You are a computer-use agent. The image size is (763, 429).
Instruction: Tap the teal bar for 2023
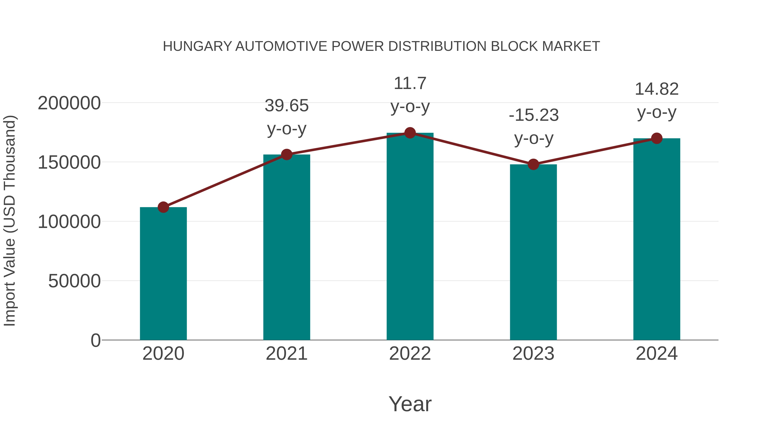click(x=533, y=252)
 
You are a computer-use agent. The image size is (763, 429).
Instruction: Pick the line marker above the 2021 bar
click(x=287, y=154)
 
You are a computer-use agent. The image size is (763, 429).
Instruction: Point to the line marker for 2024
click(x=657, y=138)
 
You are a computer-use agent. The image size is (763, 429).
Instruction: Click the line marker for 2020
click(x=163, y=207)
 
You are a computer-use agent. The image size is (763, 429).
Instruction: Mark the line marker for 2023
click(x=533, y=164)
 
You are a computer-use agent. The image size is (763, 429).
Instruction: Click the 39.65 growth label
click(x=287, y=106)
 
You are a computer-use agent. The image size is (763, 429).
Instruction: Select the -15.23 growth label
click(x=533, y=115)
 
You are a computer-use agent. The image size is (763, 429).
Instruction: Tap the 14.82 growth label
click(x=657, y=89)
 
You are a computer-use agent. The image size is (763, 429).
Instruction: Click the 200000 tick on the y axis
click(x=69, y=104)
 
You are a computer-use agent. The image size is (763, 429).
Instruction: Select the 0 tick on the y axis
click(x=95, y=340)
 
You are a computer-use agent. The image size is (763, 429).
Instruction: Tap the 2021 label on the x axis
click(x=287, y=354)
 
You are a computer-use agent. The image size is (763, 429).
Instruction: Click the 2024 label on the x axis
click(x=657, y=354)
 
